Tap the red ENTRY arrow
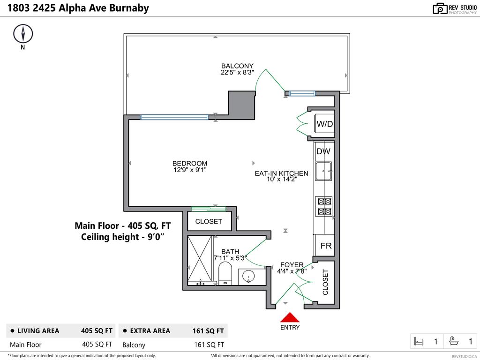(290, 317)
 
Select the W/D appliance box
(324, 124)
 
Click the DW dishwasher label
(323, 151)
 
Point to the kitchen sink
(323, 172)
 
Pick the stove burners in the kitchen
(324, 207)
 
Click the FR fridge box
(326, 246)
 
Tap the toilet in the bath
(225, 273)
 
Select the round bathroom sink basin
(248, 277)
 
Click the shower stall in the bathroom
(200, 260)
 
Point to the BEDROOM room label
(190, 164)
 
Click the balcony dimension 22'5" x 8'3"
(237, 73)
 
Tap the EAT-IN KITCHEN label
(281, 173)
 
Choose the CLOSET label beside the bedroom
(209, 221)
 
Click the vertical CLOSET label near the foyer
(325, 282)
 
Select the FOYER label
(292, 265)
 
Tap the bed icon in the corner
(419, 342)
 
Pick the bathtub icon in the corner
(454, 342)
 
